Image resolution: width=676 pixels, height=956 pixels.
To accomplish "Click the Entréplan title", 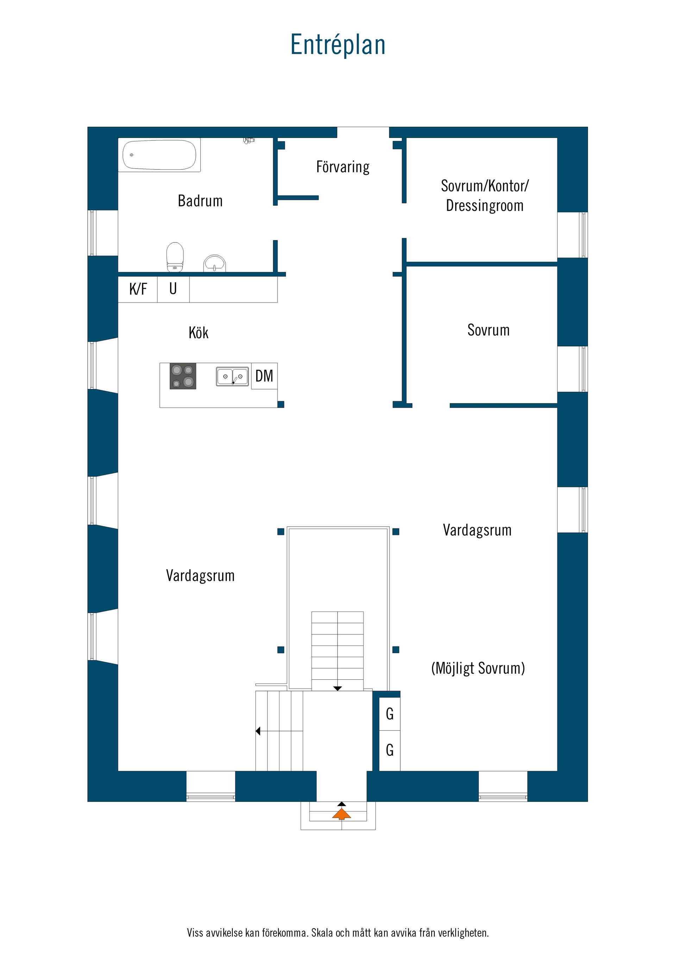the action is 338,45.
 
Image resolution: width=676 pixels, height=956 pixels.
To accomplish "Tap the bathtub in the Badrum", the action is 159,155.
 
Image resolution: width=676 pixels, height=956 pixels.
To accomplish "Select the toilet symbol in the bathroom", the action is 175,257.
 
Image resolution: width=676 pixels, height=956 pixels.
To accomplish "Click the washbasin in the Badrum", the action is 214,264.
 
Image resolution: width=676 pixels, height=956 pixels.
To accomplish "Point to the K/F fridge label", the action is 138,289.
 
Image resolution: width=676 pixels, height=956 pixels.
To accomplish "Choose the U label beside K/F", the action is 173,289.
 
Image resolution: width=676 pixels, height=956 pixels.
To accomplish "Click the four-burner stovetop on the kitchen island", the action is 183,376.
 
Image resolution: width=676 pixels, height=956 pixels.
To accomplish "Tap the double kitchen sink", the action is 232,376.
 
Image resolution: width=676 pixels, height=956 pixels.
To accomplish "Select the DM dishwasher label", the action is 264,376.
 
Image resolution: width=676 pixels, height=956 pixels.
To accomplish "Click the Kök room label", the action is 198,332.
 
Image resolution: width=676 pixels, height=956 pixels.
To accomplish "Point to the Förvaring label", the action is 343,167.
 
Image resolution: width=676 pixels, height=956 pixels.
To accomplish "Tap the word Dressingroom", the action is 485,206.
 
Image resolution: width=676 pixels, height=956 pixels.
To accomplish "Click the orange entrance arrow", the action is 342,814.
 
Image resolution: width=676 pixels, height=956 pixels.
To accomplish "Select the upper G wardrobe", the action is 390,714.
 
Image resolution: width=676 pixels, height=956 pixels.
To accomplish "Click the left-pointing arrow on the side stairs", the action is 258,731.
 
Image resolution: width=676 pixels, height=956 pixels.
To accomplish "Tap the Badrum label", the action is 200,201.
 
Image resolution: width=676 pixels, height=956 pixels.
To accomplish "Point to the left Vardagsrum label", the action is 200,576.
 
